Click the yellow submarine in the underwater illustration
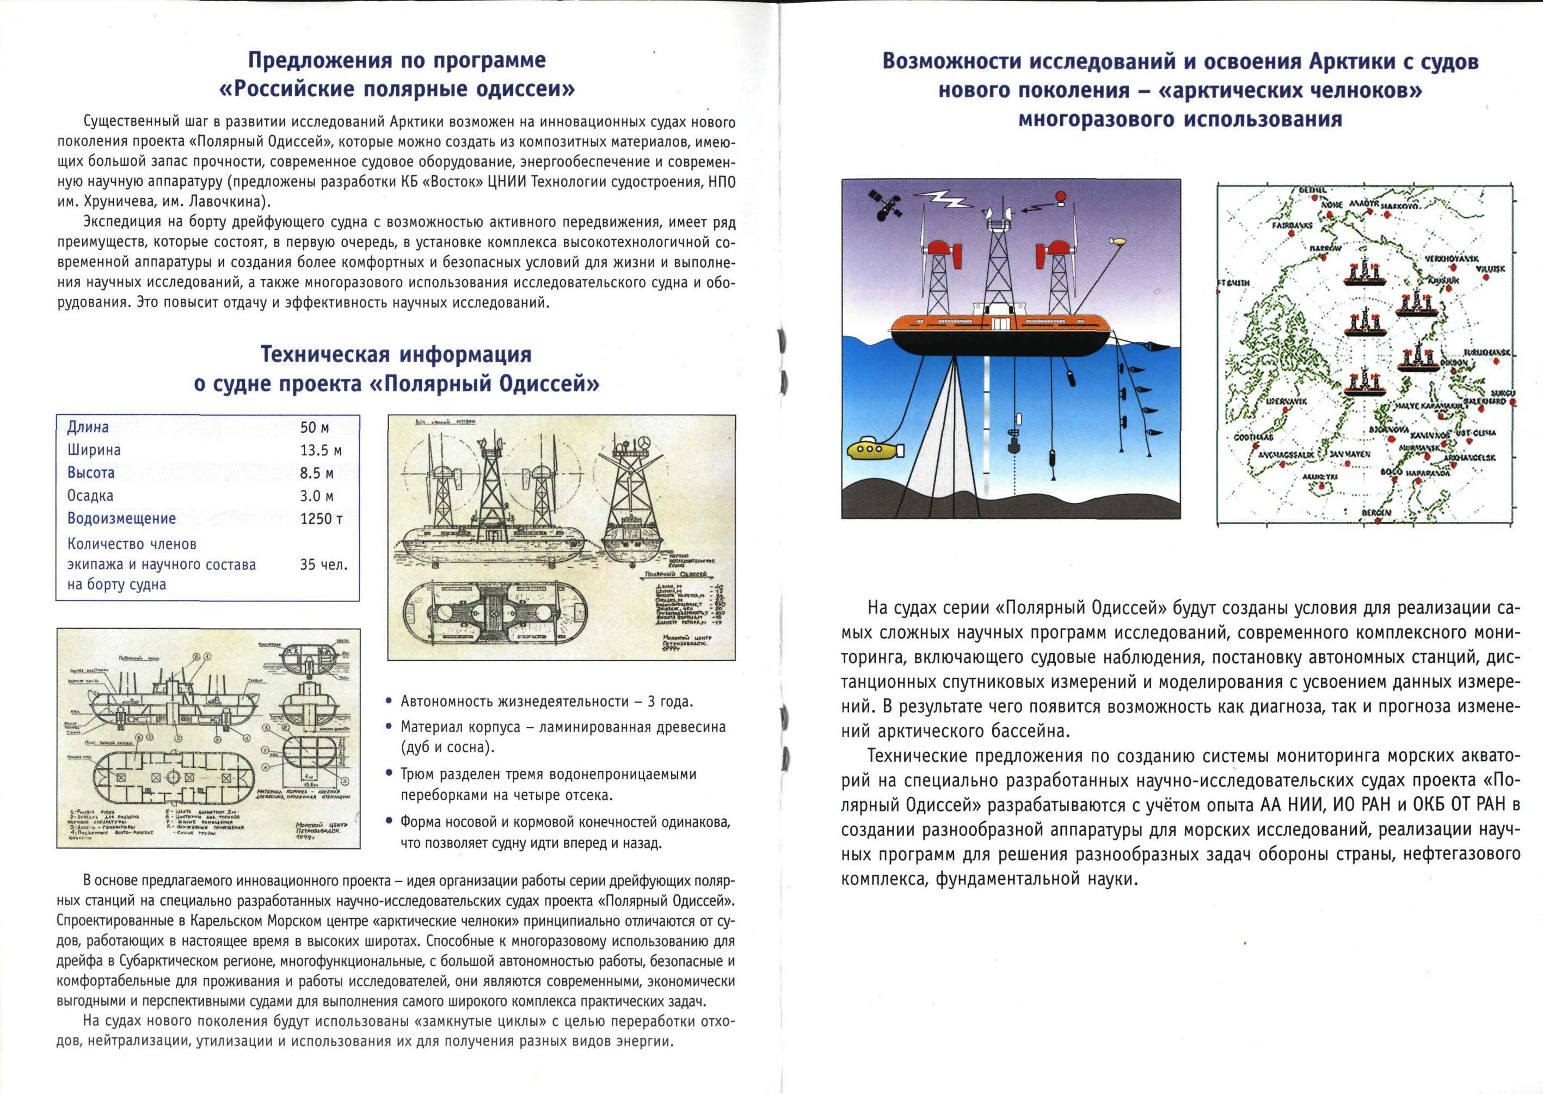click(874, 450)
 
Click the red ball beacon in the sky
click(1061, 196)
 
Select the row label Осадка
click(90, 496)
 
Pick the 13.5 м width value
click(321, 450)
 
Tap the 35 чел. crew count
click(323, 564)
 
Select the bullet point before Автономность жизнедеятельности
click(389, 701)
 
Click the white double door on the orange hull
click(1001, 323)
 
